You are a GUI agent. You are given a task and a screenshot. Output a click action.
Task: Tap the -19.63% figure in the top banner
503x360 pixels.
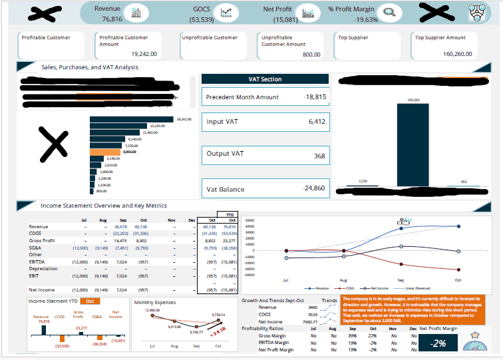click(x=362, y=19)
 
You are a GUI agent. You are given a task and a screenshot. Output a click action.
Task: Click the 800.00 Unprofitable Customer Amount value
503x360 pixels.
click(x=311, y=54)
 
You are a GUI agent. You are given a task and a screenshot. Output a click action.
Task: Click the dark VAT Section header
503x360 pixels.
click(x=265, y=79)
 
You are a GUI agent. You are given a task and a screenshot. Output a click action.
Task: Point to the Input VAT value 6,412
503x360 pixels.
click(x=317, y=122)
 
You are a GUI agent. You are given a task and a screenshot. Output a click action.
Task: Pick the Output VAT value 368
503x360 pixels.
click(x=320, y=156)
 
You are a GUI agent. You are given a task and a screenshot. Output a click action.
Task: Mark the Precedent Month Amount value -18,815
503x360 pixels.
click(x=315, y=96)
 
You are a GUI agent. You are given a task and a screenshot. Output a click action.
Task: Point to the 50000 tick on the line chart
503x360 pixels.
click(x=251, y=220)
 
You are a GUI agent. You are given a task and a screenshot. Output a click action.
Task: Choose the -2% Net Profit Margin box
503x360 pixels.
click(x=436, y=343)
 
